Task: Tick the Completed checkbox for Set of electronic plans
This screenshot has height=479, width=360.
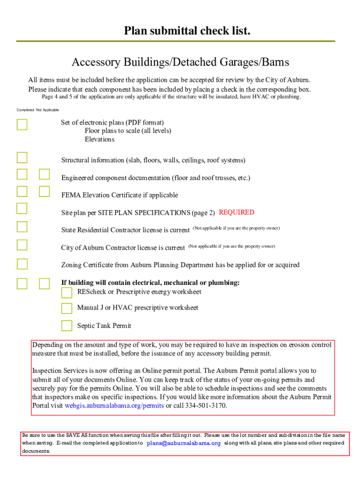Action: click(22, 124)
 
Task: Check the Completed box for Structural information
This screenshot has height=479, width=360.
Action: click(22, 158)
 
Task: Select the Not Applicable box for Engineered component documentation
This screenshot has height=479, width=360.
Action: click(44, 174)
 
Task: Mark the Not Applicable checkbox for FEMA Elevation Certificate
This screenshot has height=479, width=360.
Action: click(44, 191)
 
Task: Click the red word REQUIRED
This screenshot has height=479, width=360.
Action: click(237, 212)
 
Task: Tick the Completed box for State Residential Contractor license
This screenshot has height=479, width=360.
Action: click(22, 227)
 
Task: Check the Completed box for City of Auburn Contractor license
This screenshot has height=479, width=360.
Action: click(22, 245)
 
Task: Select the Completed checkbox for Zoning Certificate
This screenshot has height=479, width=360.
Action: click(22, 264)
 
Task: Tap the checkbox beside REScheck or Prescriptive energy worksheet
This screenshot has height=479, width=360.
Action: click(67, 293)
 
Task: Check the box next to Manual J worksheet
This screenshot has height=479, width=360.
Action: click(67, 308)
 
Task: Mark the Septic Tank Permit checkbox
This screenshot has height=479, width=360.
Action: click(67, 326)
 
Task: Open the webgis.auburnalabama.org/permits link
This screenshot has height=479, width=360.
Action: click(114, 406)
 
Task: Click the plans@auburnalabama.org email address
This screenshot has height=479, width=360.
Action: click(184, 443)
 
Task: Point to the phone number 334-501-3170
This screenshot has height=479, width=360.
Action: click(206, 406)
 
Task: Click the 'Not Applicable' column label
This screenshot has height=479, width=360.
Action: click(48, 110)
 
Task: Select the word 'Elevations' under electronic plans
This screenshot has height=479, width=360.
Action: click(100, 139)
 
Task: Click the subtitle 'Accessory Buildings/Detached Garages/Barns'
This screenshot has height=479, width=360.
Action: click(180, 62)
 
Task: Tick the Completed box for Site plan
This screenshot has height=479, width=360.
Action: click(22, 208)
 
